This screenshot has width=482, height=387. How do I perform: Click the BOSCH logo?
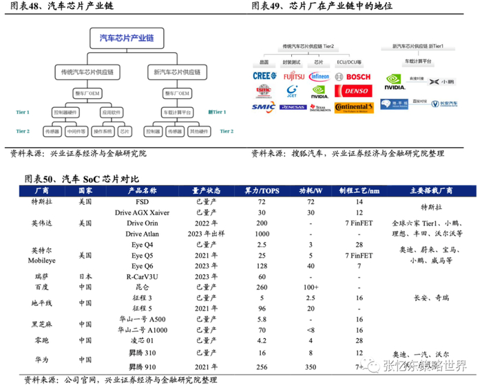pyautogui.click(x=353, y=76)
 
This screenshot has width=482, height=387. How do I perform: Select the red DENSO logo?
pyautogui.click(x=353, y=91)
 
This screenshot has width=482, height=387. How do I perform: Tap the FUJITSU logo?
pyautogui.click(x=293, y=76)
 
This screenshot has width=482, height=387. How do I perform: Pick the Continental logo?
pyautogui.click(x=353, y=107)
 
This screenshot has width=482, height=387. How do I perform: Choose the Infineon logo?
pyautogui.click(x=320, y=76)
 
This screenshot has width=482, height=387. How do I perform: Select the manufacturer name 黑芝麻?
pyautogui.click(x=41, y=324)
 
